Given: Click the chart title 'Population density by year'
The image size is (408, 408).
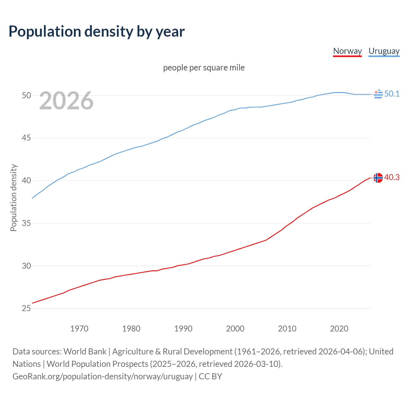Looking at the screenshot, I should (97, 32).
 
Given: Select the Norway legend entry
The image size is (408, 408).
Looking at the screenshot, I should (347, 51).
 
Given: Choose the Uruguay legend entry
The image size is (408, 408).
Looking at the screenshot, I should (384, 51).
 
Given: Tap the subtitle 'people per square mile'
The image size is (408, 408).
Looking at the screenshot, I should (204, 68).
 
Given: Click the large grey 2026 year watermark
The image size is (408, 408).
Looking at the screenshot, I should (66, 101).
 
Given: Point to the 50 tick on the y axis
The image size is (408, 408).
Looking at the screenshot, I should (26, 95).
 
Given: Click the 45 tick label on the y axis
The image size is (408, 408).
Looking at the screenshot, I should (26, 138).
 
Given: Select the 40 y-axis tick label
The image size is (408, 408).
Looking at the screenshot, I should (26, 180).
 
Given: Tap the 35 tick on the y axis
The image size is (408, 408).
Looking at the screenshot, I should (26, 223).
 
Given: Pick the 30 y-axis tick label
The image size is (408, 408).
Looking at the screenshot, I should (26, 266).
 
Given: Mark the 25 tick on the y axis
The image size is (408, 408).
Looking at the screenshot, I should (26, 308).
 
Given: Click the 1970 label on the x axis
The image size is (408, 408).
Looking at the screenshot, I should (79, 329).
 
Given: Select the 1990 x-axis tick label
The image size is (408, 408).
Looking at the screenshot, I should (183, 329).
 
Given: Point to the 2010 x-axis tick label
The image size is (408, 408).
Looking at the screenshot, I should (287, 329).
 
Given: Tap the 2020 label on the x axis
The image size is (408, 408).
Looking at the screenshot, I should (339, 329).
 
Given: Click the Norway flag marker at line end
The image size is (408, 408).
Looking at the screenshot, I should (378, 178).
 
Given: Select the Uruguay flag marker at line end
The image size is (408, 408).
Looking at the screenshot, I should (378, 94).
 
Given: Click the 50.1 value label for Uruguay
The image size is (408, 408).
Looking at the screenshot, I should (392, 94).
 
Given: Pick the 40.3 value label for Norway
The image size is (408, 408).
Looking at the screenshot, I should (392, 177).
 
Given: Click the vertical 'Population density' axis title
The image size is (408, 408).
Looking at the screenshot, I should (13, 198).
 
